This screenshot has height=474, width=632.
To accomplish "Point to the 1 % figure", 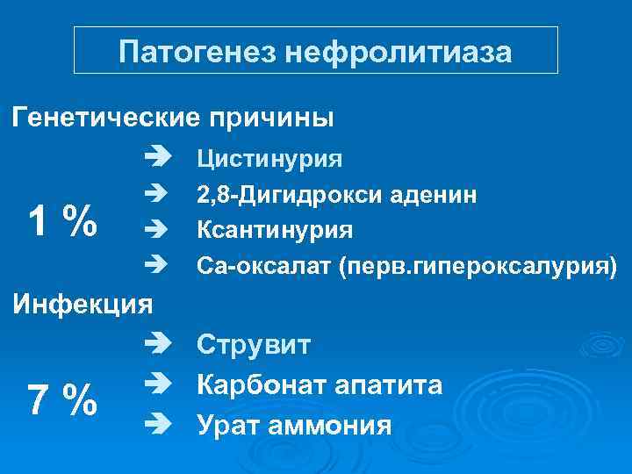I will point(61,220).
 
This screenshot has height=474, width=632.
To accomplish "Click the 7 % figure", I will point(61,400).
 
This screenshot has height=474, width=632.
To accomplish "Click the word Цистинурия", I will point(269,159).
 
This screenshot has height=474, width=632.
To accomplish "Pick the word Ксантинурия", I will point(275,230).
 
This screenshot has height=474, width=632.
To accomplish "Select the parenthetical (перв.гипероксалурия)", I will point(475,266).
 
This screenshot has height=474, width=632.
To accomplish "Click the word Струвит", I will point(254,344).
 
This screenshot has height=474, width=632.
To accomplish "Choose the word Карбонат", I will point(261,385).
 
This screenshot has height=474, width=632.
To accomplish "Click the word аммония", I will point(334,427).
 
